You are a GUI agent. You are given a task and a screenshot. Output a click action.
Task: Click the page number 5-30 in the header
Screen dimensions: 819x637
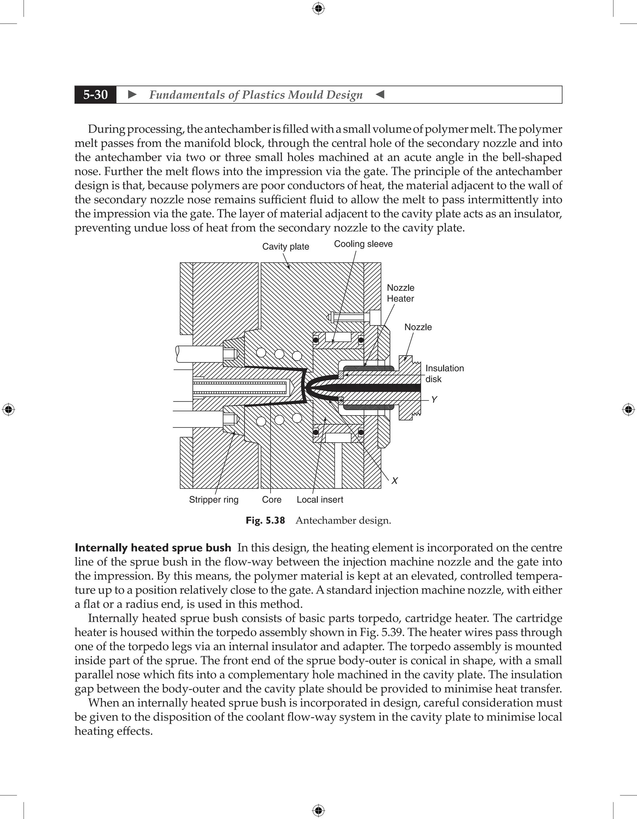tap(95, 94)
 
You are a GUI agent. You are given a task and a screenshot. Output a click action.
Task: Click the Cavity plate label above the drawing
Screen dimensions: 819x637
tap(285, 246)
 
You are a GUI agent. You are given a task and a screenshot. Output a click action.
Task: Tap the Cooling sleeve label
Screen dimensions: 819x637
tap(363, 244)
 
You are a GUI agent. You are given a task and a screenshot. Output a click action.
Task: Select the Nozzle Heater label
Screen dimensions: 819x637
tap(401, 293)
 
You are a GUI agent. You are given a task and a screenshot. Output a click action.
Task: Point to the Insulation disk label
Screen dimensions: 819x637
tap(444, 373)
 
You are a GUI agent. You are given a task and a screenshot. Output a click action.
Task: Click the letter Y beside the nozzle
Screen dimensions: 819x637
tap(434, 399)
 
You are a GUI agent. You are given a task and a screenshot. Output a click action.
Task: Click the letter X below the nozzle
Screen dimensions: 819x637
tap(394, 481)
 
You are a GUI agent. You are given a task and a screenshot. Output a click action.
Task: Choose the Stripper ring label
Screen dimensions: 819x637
tap(214, 500)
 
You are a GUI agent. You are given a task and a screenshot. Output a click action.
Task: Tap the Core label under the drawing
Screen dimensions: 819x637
tap(272, 500)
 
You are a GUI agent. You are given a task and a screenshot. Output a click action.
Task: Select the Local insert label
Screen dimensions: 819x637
tap(320, 500)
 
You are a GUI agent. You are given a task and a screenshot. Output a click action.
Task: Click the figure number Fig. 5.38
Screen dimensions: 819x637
tap(265, 520)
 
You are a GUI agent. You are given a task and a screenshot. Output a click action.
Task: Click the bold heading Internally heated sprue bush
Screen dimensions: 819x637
tap(153, 548)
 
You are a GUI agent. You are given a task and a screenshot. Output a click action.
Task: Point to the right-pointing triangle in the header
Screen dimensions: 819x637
tap(132, 94)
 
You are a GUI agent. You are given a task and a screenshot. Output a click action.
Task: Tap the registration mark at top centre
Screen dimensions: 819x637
tap(318, 8)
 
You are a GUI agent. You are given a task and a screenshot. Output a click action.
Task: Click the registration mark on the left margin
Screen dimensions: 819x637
tap(8, 409)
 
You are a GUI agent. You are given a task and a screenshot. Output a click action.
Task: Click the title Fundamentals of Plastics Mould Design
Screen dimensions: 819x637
tap(256, 94)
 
